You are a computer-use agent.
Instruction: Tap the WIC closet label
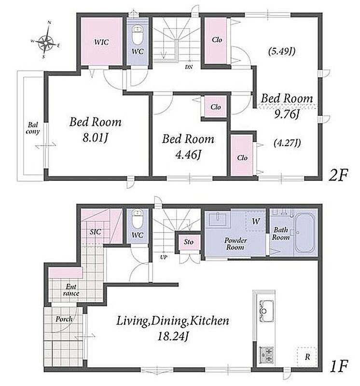click(101, 42)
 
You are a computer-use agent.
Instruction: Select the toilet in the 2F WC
click(138, 35)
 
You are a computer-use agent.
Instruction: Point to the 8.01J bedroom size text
click(96, 138)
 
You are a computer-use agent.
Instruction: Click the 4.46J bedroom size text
click(188, 155)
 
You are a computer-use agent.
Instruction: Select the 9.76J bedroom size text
click(287, 114)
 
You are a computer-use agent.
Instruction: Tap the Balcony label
click(33, 128)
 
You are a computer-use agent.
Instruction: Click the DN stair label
click(189, 67)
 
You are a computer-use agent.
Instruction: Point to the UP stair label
click(164, 257)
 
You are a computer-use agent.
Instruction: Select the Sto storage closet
click(189, 242)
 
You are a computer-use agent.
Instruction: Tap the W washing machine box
click(256, 221)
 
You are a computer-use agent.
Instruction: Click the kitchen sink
click(265, 311)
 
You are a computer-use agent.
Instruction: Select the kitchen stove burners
click(266, 355)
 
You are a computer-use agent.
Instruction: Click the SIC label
click(95, 232)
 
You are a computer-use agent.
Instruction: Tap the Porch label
click(64, 319)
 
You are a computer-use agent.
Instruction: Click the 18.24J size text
click(173, 336)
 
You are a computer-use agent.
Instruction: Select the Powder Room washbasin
click(218, 220)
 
